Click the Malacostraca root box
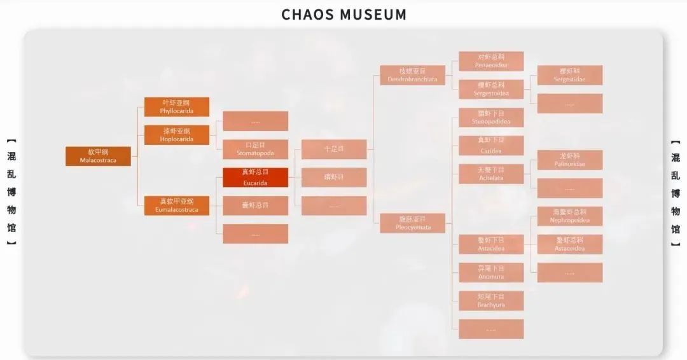pos(98,156)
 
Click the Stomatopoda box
pos(255,149)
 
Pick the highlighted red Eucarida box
pos(255,177)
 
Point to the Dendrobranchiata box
pos(412,75)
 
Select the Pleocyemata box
pos(412,223)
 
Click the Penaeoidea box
pos(491,61)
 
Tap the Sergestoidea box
pos(491,89)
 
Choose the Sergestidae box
pos(569,75)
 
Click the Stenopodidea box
pos(491,118)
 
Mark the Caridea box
pos(491,146)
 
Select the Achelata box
pos(491,174)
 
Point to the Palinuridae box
pos(569,160)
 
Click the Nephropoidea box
pos(569,216)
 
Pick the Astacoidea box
pos(569,244)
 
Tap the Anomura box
pos(491,272)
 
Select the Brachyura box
pos(491,301)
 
